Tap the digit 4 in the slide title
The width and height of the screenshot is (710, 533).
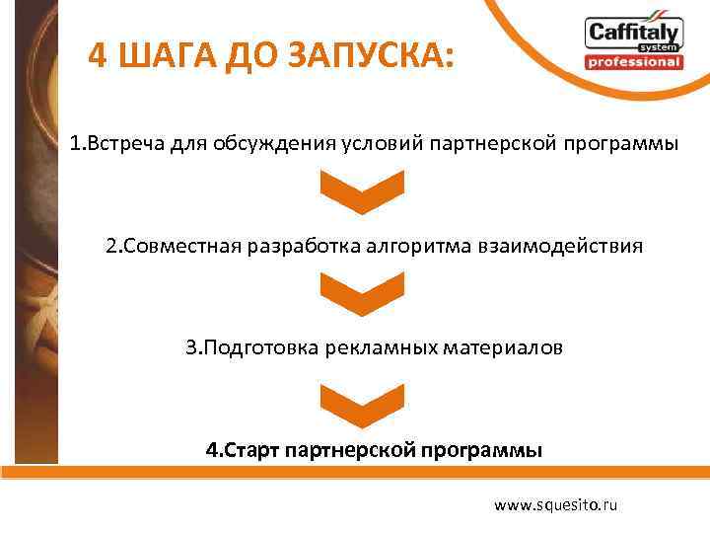pos(98,56)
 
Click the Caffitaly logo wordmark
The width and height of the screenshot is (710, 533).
pos(633,33)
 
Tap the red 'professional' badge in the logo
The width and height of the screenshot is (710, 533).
pos(633,62)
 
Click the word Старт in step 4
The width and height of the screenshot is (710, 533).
pos(252,451)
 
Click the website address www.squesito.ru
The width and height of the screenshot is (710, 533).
pos(555,504)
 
